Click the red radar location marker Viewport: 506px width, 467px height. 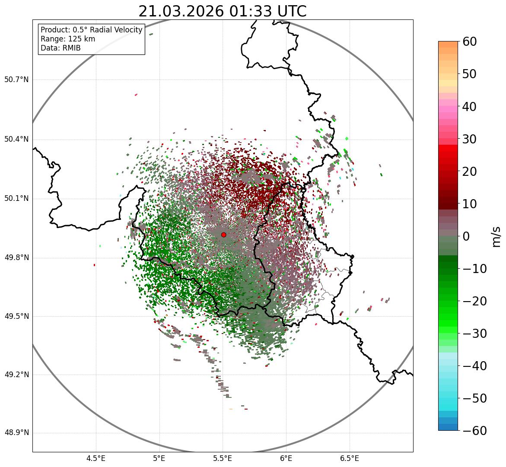tap(223, 235)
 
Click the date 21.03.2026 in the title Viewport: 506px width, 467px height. tap(181, 11)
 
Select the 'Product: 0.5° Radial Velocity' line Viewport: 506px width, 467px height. tap(91, 30)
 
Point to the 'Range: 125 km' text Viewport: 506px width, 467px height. tap(68, 39)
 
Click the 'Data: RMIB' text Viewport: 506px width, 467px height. tap(60, 48)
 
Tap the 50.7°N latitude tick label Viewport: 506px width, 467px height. tap(16, 80)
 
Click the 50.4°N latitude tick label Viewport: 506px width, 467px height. tap(16, 140)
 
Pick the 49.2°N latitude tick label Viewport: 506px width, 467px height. tap(16, 375)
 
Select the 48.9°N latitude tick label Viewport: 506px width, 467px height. tap(16, 433)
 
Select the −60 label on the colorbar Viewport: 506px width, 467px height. tap(474, 431)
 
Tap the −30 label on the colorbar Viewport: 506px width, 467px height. tap(474, 334)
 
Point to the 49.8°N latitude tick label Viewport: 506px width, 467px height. tap(16, 258)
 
